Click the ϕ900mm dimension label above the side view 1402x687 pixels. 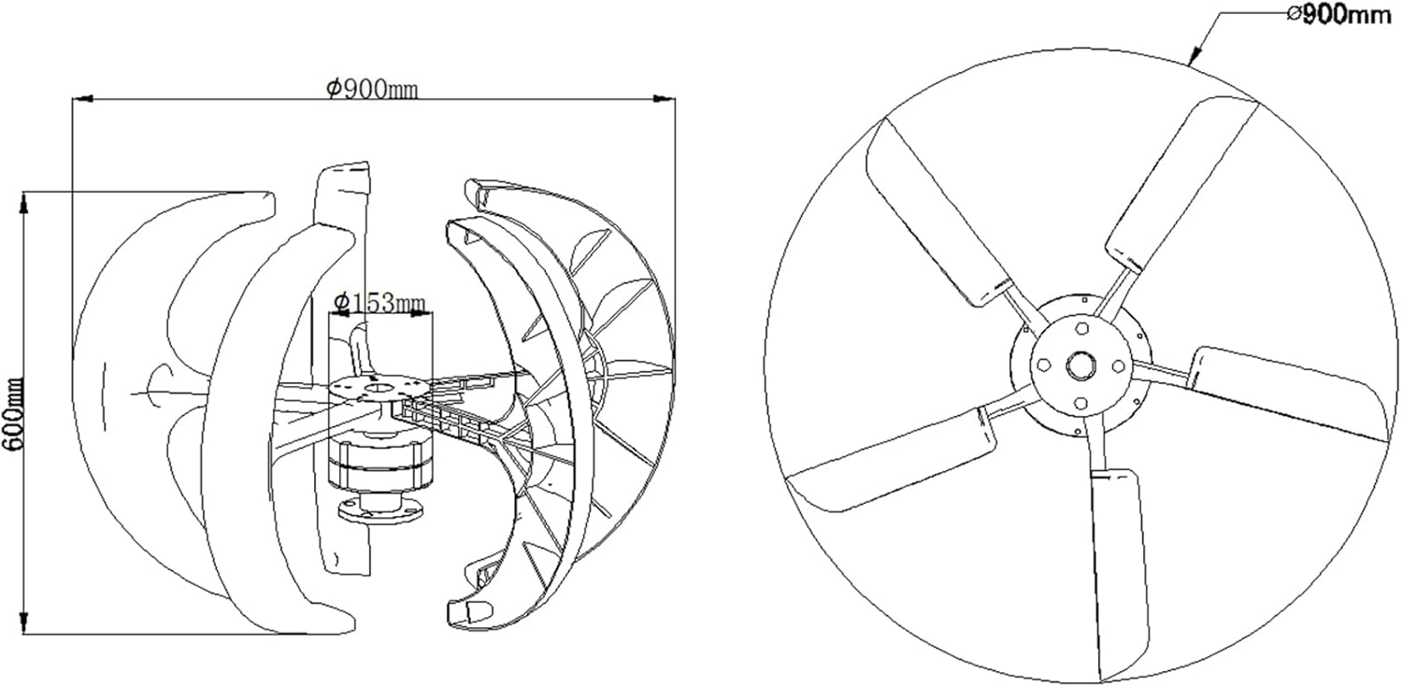point(371,88)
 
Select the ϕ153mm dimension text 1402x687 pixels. point(379,301)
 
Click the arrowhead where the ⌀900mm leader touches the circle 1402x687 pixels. point(1194,61)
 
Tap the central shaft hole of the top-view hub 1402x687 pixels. point(1082,365)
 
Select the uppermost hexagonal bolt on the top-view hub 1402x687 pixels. point(1082,328)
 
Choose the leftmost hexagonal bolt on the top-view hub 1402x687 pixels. point(1043,365)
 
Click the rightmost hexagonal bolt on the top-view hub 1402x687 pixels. point(1120,365)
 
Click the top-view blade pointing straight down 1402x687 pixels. point(1118,570)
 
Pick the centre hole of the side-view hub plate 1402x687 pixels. point(378,384)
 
